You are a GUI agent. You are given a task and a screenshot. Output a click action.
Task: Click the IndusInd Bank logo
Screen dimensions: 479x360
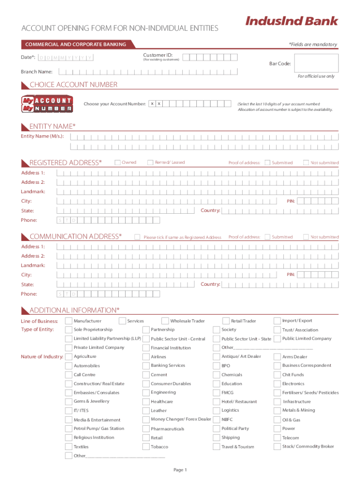[x=291, y=21]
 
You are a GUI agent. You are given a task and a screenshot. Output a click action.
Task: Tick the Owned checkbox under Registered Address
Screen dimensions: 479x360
[x=117, y=162]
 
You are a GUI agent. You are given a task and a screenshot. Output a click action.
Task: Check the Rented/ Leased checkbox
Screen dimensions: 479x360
[x=150, y=162]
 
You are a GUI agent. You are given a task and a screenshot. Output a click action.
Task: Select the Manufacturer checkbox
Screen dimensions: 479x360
[x=69, y=321]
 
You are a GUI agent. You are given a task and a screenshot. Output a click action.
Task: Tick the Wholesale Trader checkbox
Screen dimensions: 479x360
[x=165, y=321]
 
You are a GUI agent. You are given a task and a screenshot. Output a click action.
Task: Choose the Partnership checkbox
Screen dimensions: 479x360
[x=146, y=330]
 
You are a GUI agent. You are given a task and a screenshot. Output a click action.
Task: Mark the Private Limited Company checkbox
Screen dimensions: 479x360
[x=69, y=348]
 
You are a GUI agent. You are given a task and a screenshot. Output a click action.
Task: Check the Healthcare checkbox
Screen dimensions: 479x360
[x=146, y=401]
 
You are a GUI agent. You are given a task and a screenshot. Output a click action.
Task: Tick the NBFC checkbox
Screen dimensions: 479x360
[x=216, y=420]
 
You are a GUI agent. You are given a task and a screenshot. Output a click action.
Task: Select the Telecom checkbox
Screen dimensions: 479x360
[x=277, y=438]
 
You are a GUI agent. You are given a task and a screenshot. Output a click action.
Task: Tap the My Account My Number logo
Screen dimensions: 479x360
[x=47, y=104]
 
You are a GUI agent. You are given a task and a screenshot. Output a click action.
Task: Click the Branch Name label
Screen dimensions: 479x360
[x=36, y=72]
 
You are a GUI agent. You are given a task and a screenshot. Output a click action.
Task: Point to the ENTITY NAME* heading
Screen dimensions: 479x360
[x=52, y=126]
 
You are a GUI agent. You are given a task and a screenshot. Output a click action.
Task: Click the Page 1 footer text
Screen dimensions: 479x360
[x=180, y=470]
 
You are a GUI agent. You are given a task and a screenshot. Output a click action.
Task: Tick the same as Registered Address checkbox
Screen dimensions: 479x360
[x=137, y=237]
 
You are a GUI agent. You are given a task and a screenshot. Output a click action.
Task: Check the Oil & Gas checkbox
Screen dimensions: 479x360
[x=277, y=420]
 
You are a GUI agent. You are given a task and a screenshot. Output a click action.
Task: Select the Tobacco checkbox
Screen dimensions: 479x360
[x=146, y=447]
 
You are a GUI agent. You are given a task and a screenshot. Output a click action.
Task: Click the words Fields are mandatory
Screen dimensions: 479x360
[x=313, y=44]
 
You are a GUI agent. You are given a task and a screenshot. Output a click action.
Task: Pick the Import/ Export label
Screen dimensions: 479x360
[x=297, y=320]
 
